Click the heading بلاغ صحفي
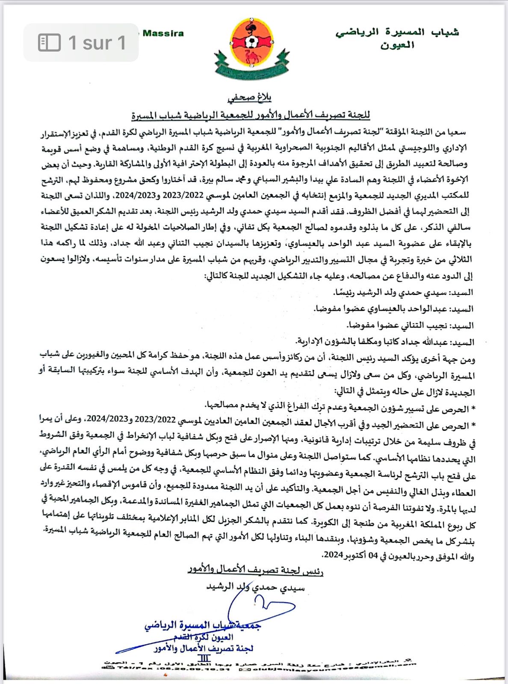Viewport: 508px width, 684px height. (x=250, y=97)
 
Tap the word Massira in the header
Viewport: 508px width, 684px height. (x=163, y=33)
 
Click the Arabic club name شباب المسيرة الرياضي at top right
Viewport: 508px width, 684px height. (x=397, y=32)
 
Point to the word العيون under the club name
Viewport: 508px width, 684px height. (x=397, y=45)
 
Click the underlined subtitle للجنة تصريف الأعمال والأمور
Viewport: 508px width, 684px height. (x=251, y=115)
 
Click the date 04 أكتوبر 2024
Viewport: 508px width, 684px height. (x=350, y=555)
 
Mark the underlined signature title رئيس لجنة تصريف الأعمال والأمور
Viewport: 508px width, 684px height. (x=255, y=570)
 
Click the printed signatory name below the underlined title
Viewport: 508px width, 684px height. (x=255, y=587)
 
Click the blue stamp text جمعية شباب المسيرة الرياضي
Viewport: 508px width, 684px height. (x=203, y=625)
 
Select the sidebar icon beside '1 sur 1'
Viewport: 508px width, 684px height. (x=49, y=42)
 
